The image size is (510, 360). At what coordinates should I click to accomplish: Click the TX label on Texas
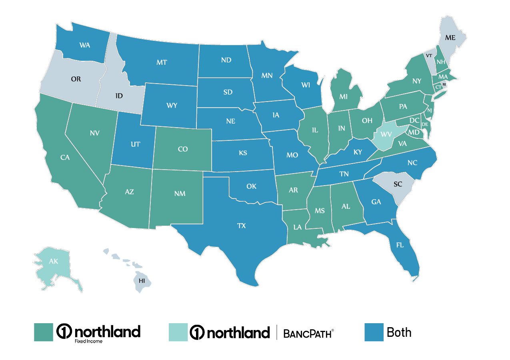click(241, 226)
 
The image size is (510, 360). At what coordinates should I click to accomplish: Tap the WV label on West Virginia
click(387, 134)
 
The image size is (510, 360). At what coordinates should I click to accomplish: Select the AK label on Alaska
click(53, 262)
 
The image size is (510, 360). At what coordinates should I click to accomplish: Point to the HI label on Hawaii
click(142, 280)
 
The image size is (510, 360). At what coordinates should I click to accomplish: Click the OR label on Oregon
click(76, 79)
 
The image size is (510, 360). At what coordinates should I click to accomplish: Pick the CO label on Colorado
click(182, 149)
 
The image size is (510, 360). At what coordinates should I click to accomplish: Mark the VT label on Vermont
click(428, 56)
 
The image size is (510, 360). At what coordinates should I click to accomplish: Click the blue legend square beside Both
click(374, 332)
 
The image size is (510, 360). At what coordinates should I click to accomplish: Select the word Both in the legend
click(399, 332)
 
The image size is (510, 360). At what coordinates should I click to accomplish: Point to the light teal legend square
click(178, 332)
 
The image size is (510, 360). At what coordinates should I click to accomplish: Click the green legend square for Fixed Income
click(43, 332)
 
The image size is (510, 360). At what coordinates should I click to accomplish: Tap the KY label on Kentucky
click(357, 152)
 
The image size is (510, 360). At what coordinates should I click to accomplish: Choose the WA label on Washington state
click(84, 45)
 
